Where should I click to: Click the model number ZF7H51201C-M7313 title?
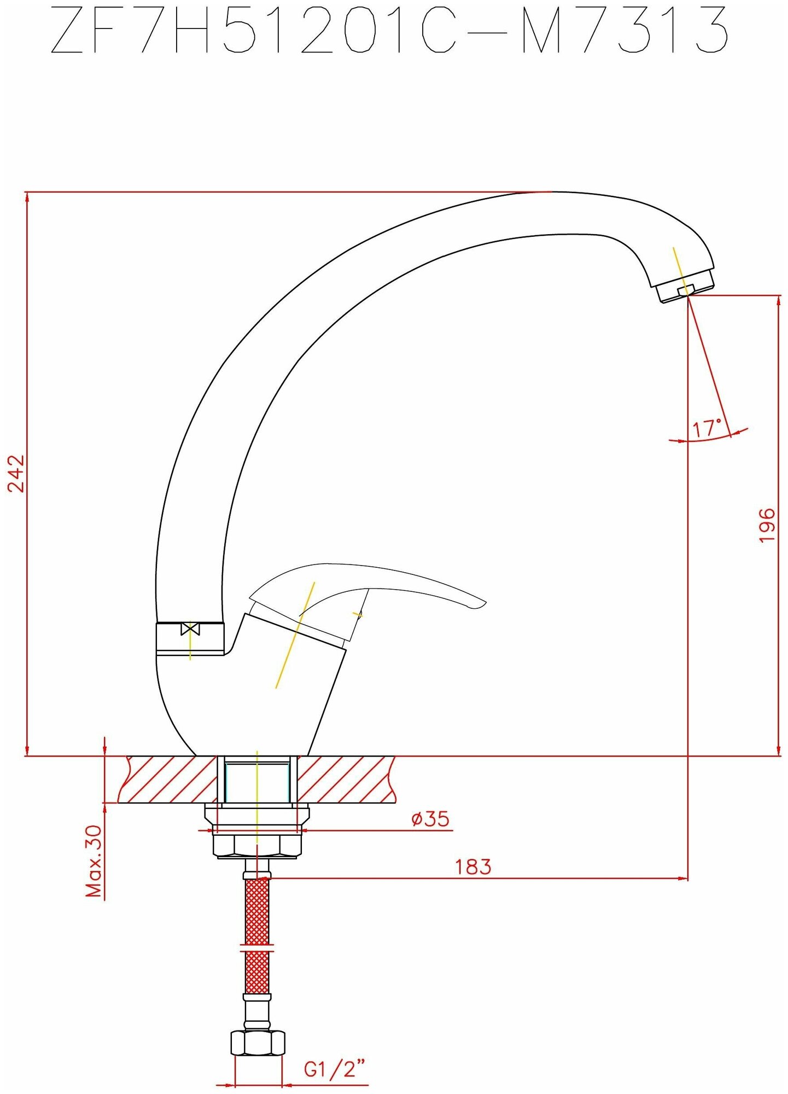coord(389,30)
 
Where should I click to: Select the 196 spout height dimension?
coord(768,525)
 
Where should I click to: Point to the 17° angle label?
coord(708,427)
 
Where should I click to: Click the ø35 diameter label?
coord(430,819)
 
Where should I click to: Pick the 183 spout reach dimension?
coord(473,866)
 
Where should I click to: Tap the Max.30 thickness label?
coord(94,861)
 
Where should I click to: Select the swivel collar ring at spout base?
coord(190,638)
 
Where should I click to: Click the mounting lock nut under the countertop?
coord(257,846)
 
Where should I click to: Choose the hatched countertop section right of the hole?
coord(345,779)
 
